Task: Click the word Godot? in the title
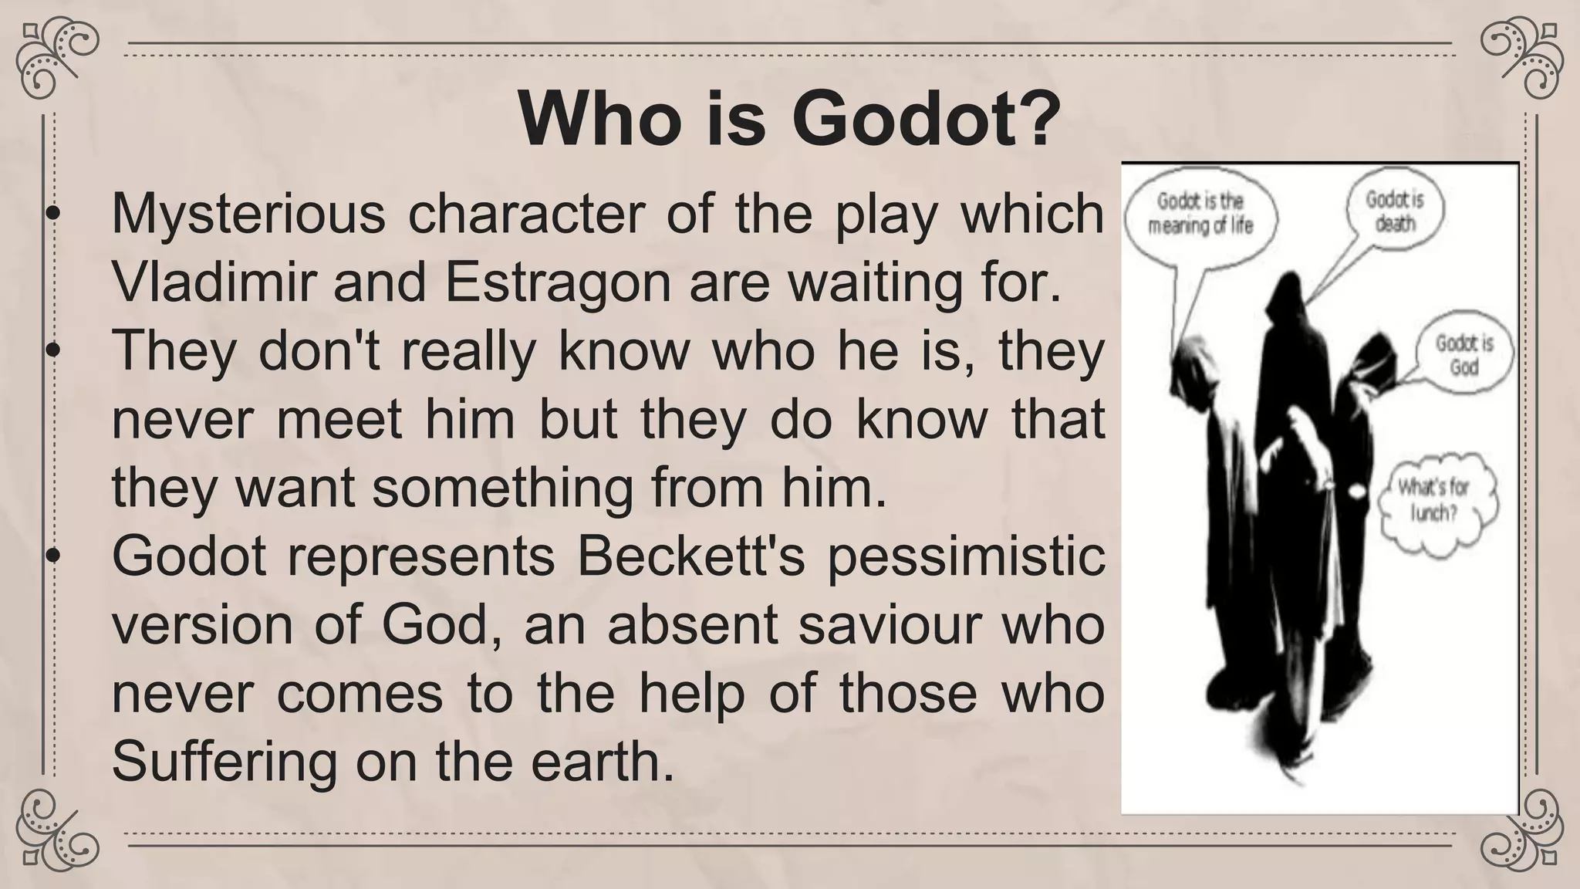[926, 121]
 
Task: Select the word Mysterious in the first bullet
[248, 214]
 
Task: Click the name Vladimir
[214, 282]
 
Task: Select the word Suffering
[225, 762]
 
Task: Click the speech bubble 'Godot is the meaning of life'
[1200, 214]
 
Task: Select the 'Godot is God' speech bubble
[1464, 354]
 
